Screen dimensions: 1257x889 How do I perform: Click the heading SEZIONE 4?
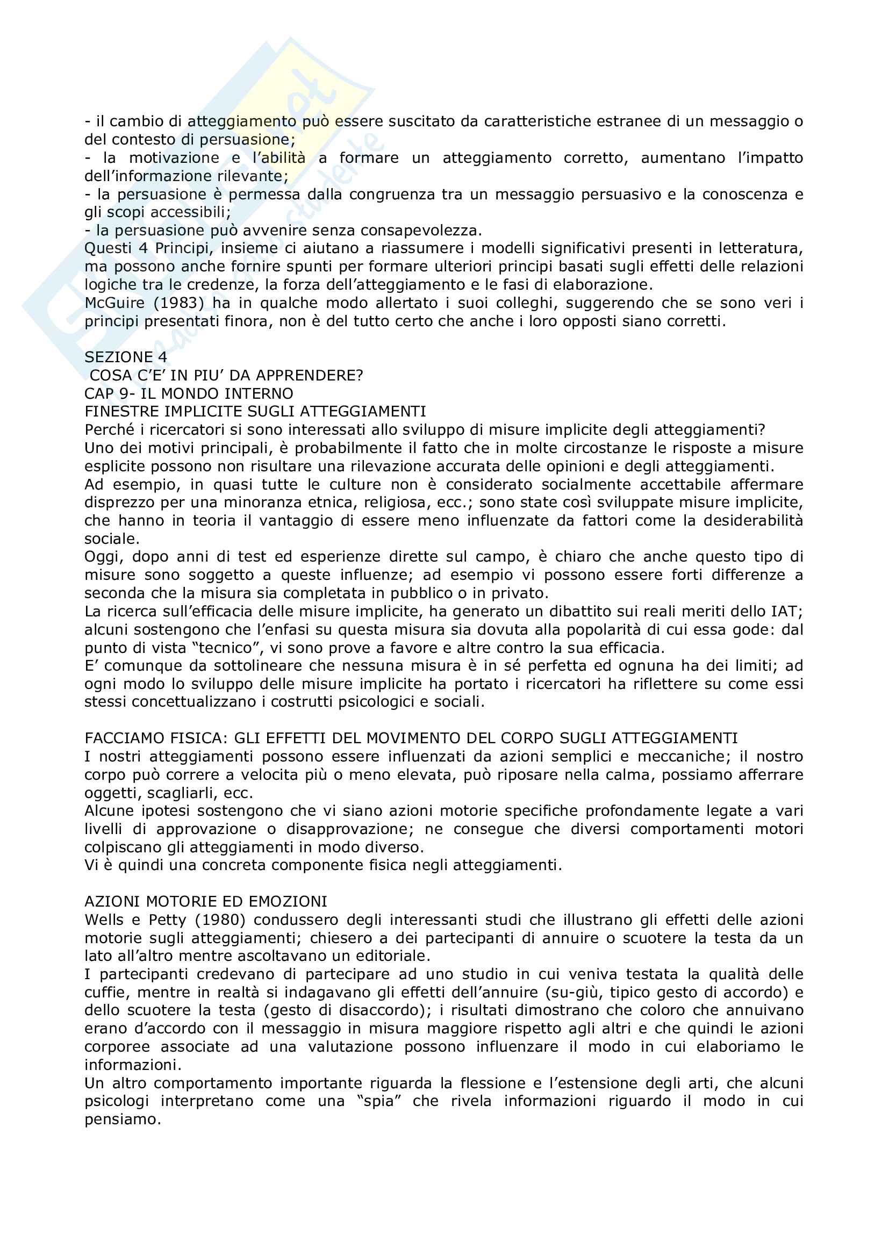125,357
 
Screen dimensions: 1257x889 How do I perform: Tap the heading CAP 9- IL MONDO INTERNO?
188,393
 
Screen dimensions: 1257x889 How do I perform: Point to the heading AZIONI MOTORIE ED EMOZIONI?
206,901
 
